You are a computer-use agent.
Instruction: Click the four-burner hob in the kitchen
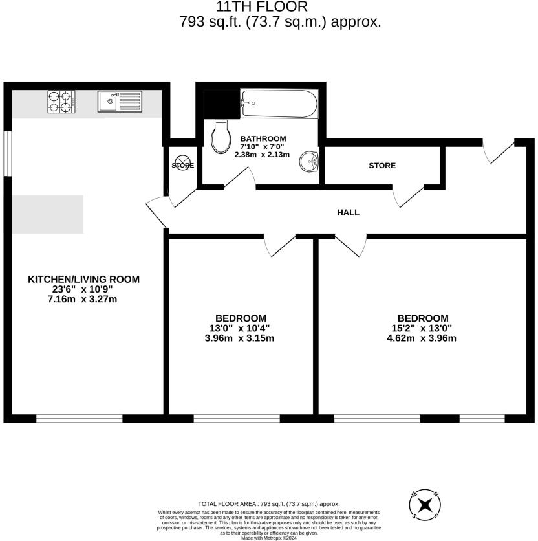61,102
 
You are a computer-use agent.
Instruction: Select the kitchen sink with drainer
120,102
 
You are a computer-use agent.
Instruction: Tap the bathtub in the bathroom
279,103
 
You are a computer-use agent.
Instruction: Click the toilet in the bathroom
221,135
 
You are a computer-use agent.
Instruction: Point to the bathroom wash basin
310,162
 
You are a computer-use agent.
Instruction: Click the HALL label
348,212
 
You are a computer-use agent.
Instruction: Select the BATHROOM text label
263,138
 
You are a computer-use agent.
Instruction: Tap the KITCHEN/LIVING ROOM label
83,280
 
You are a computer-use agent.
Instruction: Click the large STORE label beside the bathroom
382,166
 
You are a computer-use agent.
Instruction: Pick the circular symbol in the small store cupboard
183,164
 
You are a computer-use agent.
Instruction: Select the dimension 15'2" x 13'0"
423,328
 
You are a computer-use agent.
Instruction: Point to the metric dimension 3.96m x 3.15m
239,338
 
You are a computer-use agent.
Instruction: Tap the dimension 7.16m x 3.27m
83,299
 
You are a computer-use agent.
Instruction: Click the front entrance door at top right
499,150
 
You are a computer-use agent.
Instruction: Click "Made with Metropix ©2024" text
268,538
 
